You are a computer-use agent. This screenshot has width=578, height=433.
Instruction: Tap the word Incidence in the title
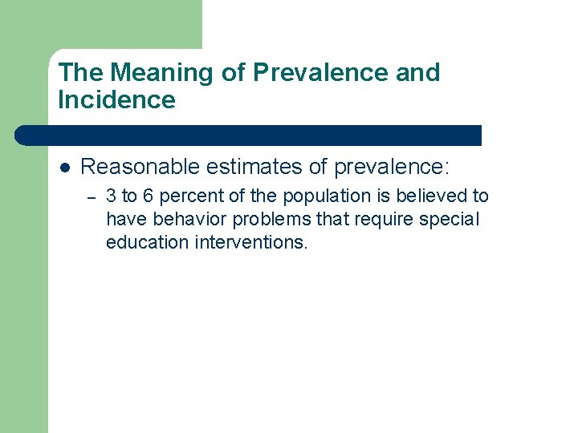pos(116,100)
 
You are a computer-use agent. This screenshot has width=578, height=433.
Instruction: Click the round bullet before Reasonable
pos(65,168)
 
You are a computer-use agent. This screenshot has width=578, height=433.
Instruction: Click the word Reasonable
pos(140,167)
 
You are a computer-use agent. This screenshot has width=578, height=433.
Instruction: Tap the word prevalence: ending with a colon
pos(393,167)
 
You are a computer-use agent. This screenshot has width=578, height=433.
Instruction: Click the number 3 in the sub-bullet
pos(111,196)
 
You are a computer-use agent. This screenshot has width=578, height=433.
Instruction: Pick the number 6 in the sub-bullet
pos(148,196)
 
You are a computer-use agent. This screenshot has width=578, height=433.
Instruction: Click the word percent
pos(187,196)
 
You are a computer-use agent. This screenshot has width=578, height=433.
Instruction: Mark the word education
pos(147,242)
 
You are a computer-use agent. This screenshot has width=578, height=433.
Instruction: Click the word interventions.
pos(250,242)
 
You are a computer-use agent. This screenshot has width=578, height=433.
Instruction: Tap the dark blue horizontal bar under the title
pos(249,135)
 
